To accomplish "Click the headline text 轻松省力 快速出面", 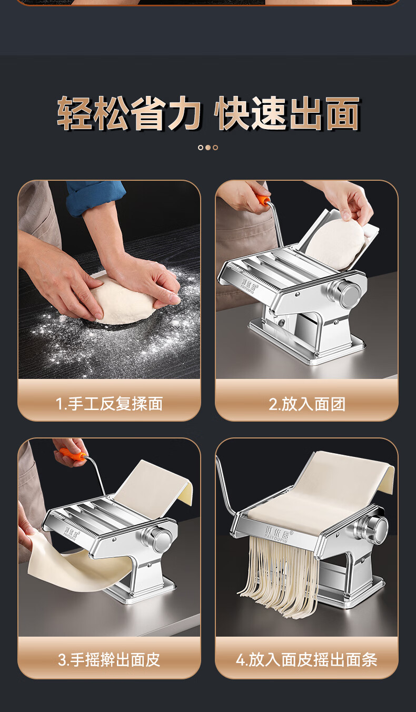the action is pyautogui.click(x=209, y=113).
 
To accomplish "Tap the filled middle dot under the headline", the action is pyautogui.click(x=208, y=148).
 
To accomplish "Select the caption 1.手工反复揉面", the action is pyautogui.click(x=109, y=404).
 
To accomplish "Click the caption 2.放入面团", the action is pyautogui.click(x=307, y=404).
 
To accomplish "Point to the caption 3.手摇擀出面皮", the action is pyautogui.click(x=109, y=660).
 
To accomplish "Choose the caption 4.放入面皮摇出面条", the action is pyautogui.click(x=307, y=660).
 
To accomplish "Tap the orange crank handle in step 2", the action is pyautogui.click(x=263, y=200).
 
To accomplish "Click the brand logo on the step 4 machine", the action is pyautogui.click(x=277, y=534).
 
